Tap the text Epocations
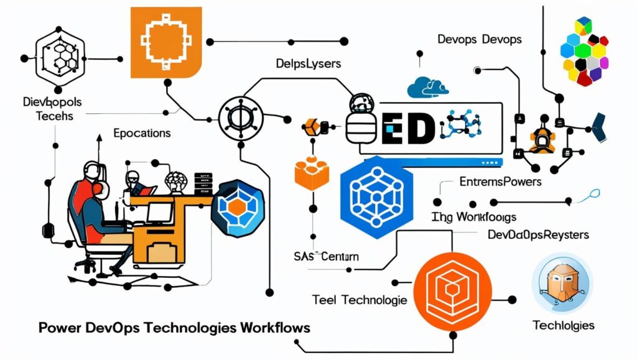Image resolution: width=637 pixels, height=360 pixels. pyautogui.click(x=142, y=133)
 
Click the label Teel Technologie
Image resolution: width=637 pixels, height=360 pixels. pyautogui.click(x=360, y=300)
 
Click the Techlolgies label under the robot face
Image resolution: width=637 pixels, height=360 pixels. pyautogui.click(x=564, y=325)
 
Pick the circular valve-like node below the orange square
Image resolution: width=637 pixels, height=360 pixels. pyautogui.click(x=240, y=116)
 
